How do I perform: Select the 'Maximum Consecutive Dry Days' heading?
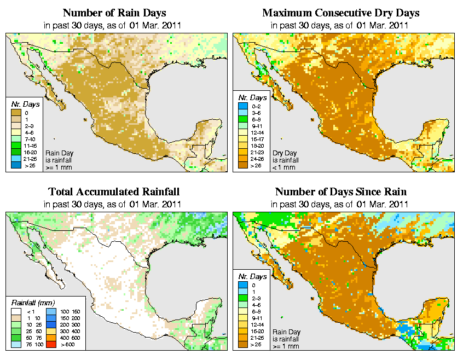pyautogui.click(x=340, y=13)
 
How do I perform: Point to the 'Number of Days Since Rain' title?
pyautogui.click(x=340, y=191)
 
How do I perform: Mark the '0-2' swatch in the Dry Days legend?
pyautogui.click(x=242, y=112)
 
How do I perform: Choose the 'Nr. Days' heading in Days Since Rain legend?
pyautogui.click(x=254, y=276)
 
